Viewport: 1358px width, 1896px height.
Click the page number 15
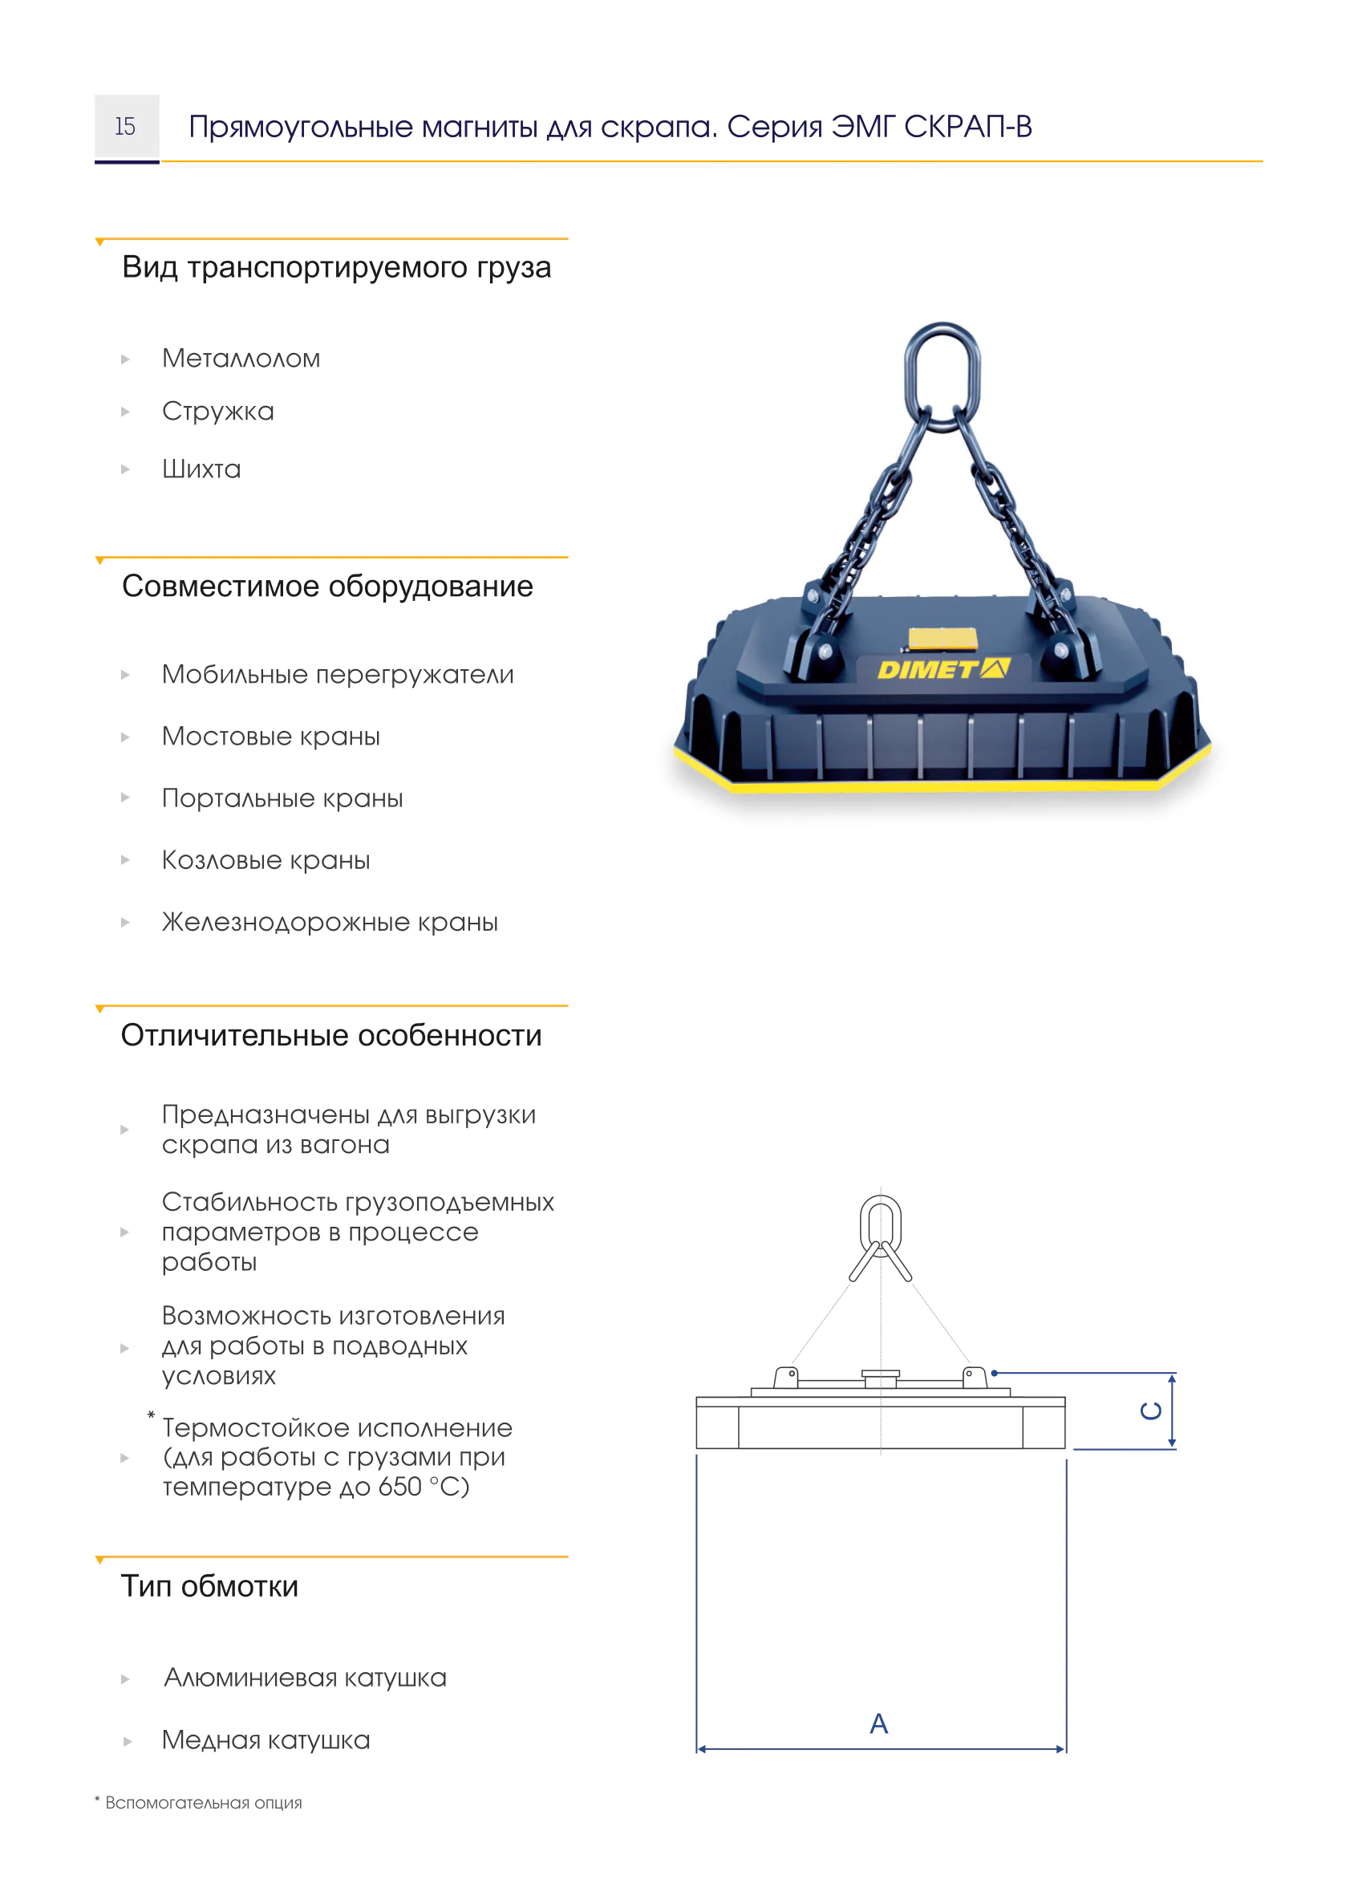pyautogui.click(x=125, y=126)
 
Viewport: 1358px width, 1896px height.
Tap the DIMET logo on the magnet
pyautogui.click(x=942, y=669)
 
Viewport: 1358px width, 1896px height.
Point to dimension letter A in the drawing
pyautogui.click(x=878, y=1723)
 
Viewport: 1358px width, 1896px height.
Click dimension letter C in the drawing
pyautogui.click(x=1151, y=1411)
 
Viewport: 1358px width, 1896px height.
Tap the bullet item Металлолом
pyautogui.click(x=241, y=359)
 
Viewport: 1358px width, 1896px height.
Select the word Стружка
pyautogui.click(x=218, y=412)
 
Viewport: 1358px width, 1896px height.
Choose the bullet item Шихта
pyautogui.click(x=201, y=469)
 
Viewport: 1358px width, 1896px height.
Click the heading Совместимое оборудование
pyautogui.click(x=326, y=586)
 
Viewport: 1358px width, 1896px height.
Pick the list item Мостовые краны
pyautogui.click(x=271, y=737)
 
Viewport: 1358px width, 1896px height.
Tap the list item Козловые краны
pyautogui.click(x=266, y=860)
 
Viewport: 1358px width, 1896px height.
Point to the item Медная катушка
pyautogui.click(x=266, y=1740)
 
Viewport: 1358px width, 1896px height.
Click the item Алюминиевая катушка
pyautogui.click(x=305, y=1677)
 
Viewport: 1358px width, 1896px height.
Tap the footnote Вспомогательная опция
pyautogui.click(x=203, y=1802)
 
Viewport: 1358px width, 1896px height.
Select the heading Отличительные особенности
pyautogui.click(x=331, y=1035)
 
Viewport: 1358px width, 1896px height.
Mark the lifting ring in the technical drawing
pyautogui.click(x=880, y=1224)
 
